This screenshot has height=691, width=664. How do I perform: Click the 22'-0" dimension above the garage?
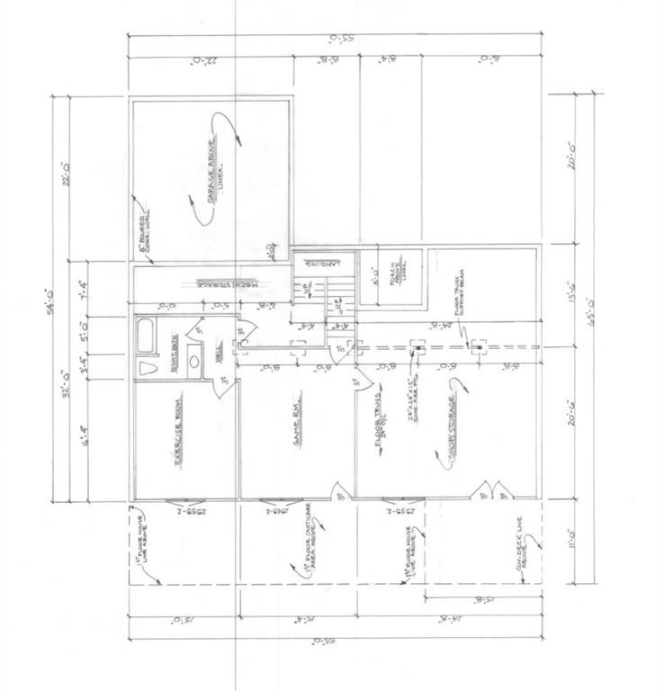211,60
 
